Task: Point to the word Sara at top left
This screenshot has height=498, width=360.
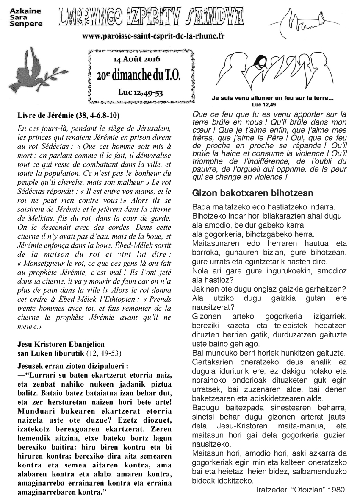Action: [x=17, y=16]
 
